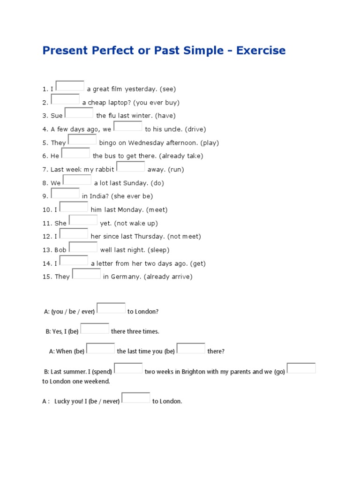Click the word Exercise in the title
pos(261,50)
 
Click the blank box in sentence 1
pos(70,86)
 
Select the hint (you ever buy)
pos(157,102)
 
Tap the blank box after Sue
pos(79,113)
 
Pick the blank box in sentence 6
pos(75,153)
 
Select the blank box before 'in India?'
pos(65,194)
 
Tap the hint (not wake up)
pos(136,223)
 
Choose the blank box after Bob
pos(83,247)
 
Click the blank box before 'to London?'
pos(111,308)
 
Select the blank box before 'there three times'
pos(95,329)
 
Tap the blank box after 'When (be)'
pos(100,348)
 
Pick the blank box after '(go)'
pos(301,368)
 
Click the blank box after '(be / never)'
pos(136,398)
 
